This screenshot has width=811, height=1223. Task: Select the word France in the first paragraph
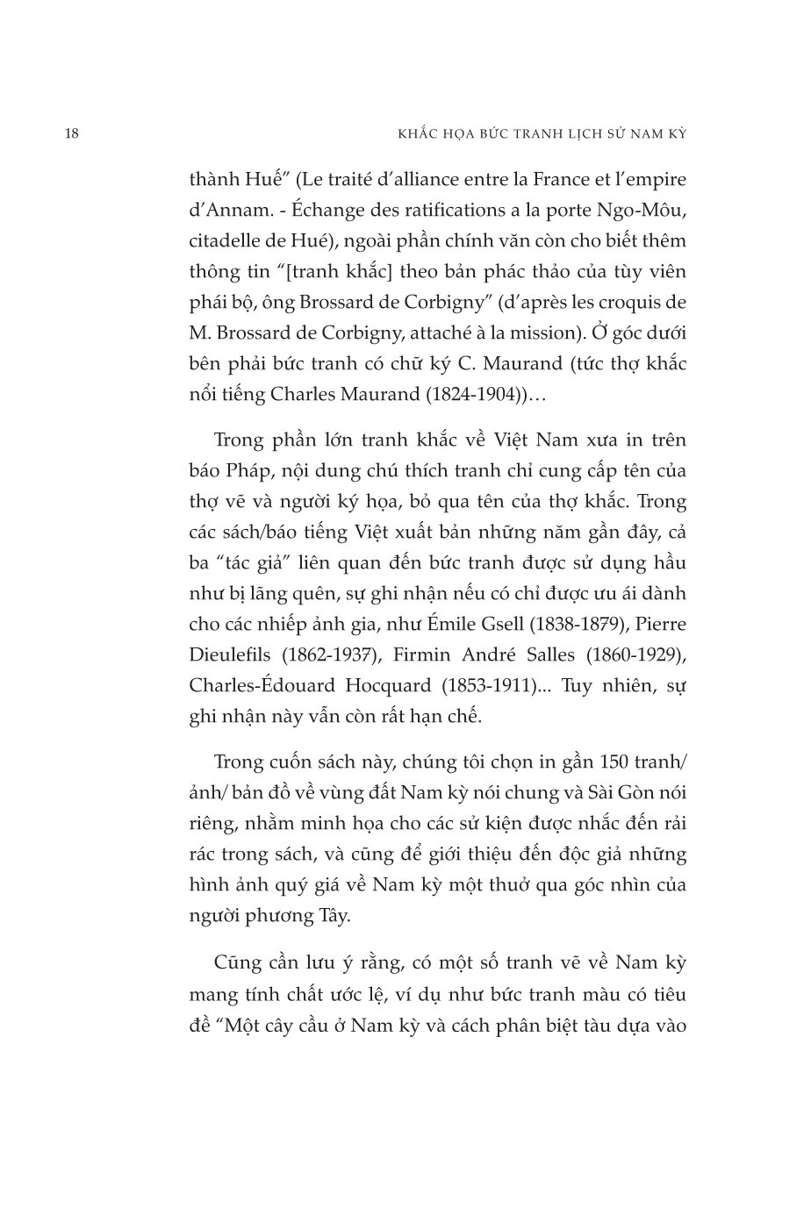click(x=551, y=180)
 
